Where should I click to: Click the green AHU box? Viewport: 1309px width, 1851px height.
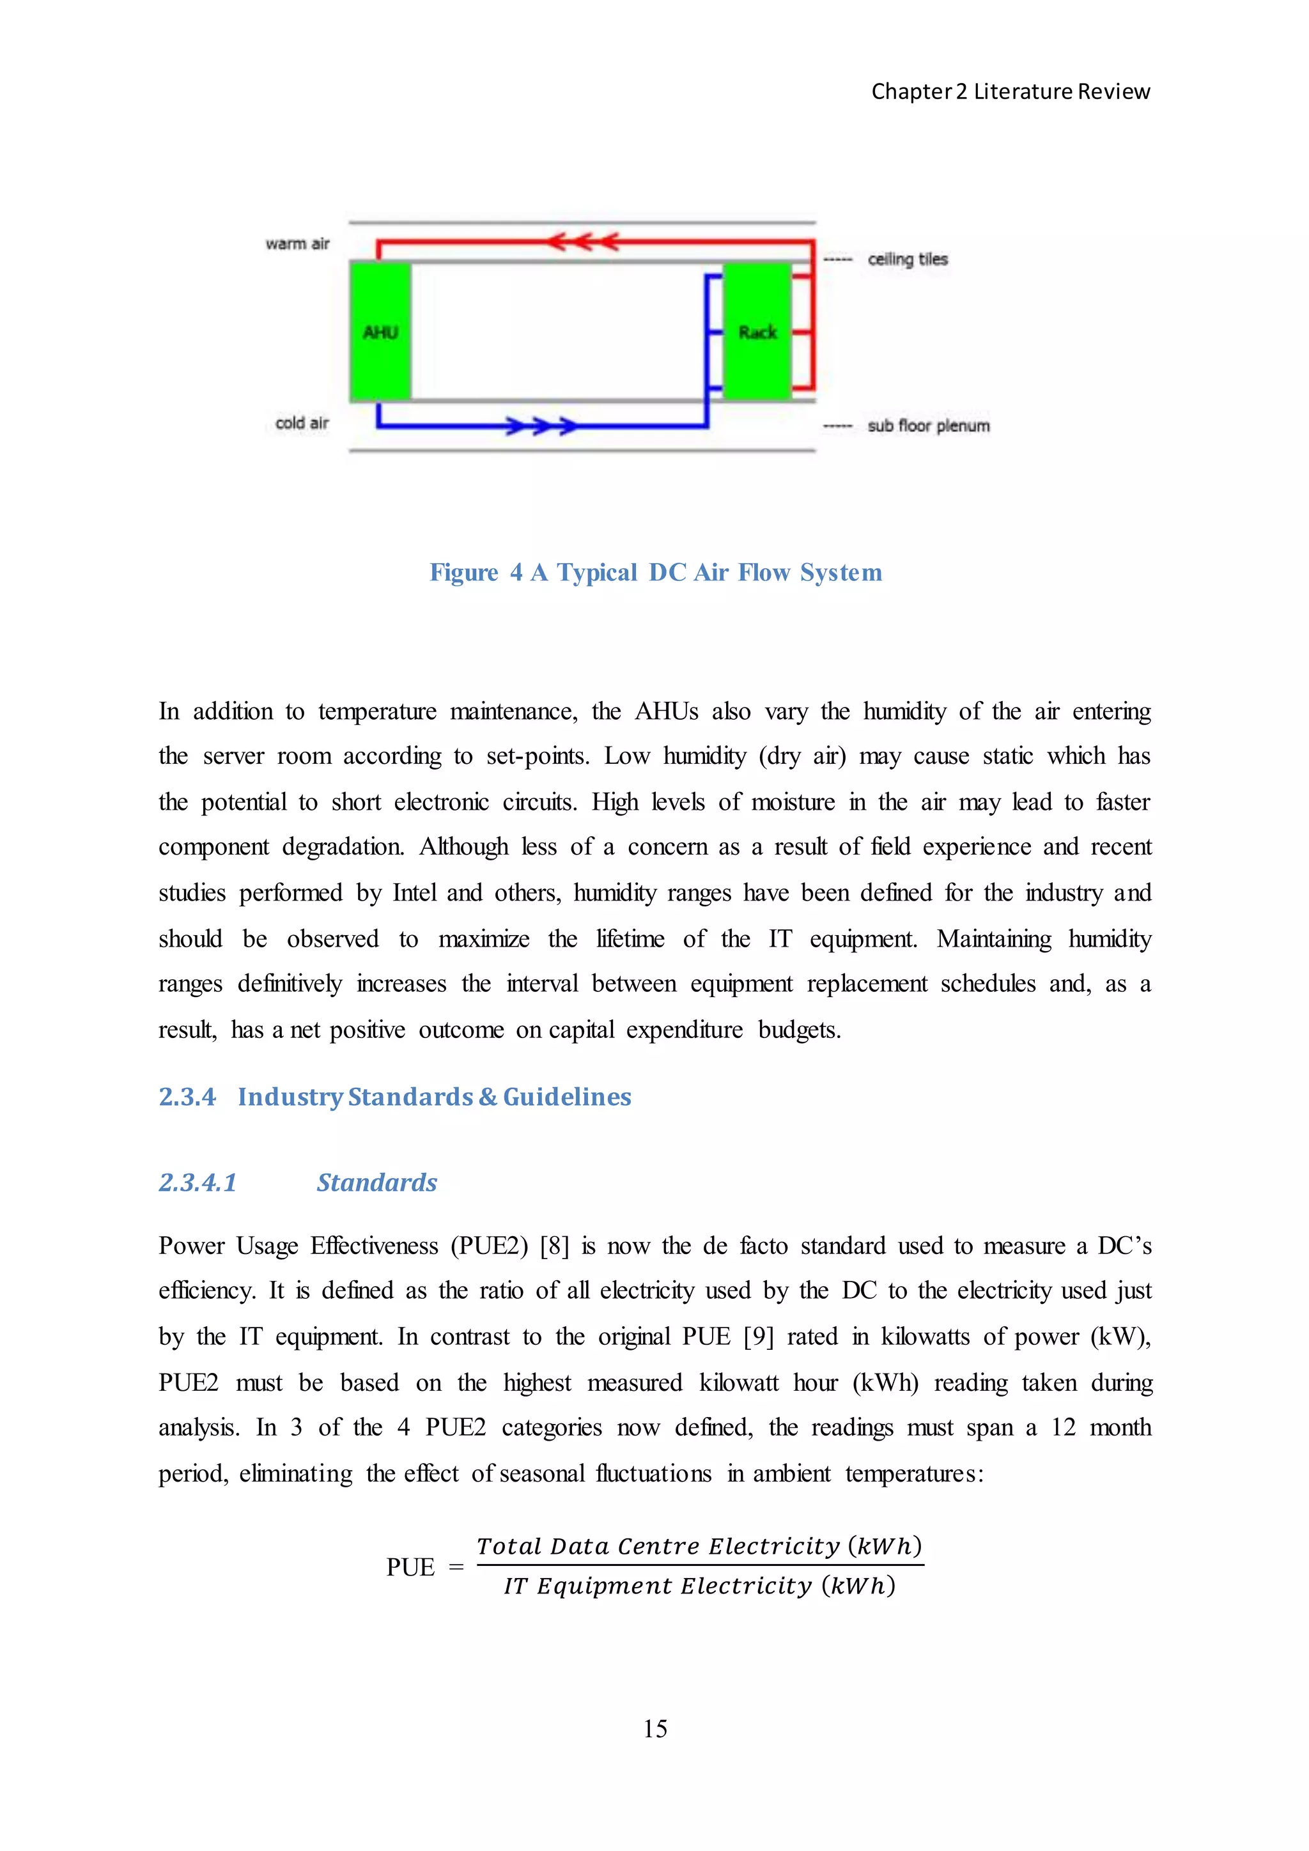[380, 330]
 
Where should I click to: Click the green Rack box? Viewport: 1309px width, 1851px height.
[757, 330]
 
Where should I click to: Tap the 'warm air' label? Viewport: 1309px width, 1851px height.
[297, 244]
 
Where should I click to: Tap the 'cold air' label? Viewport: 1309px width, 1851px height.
[302, 422]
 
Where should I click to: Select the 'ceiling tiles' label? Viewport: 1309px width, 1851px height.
[908, 259]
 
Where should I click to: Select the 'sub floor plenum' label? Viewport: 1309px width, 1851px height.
[929, 426]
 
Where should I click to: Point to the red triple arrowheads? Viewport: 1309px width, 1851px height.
[582, 241]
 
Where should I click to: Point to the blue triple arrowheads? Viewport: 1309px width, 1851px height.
[541, 426]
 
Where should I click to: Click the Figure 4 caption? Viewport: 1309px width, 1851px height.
[655, 573]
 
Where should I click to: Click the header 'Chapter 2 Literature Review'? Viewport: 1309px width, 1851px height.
[1010, 92]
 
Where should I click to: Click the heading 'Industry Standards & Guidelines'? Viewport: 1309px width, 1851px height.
[435, 1096]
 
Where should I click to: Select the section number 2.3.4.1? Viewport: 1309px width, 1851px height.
[198, 1182]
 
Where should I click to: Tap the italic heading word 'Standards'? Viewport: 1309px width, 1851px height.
[376, 1182]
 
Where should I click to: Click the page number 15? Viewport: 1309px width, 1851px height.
[654, 1728]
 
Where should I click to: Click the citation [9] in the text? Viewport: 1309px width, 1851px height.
[757, 1336]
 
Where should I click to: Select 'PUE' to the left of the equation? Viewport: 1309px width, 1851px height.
[410, 1567]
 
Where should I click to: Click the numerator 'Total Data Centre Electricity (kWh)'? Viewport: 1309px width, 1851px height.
[699, 1545]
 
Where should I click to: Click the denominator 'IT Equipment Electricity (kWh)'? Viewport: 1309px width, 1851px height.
[699, 1586]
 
